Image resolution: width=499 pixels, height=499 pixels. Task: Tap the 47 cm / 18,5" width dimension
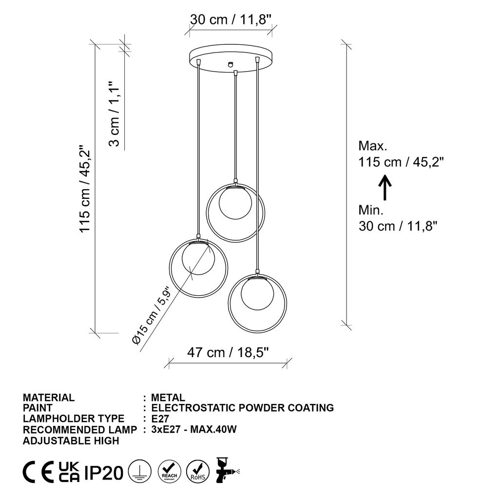228,353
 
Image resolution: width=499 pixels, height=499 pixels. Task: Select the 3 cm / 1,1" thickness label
114,114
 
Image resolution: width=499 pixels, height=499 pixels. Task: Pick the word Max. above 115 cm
373,146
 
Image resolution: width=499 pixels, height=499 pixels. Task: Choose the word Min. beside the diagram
371,210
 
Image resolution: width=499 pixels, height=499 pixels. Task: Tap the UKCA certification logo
69,472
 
